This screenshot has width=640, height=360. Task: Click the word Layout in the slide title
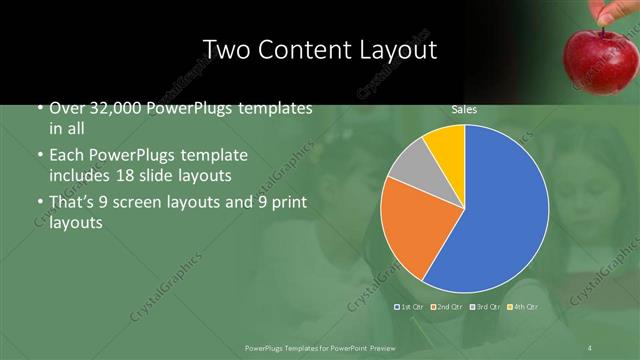401,49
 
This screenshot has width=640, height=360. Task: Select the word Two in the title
225,49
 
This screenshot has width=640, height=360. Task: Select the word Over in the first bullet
67,108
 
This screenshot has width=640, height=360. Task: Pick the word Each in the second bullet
67,156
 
